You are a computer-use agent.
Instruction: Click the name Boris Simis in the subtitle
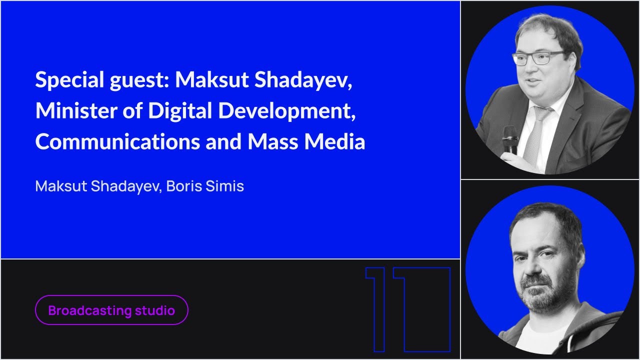click(x=205, y=186)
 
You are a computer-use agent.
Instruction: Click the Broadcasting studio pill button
click(x=111, y=310)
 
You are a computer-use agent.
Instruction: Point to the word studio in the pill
click(x=154, y=310)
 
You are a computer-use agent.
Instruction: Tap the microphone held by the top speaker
click(x=510, y=138)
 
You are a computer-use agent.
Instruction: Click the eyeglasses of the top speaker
click(x=537, y=58)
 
